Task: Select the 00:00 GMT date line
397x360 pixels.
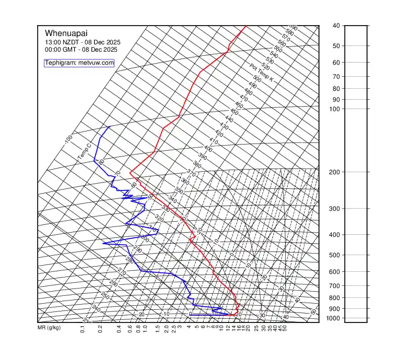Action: [x=81, y=50]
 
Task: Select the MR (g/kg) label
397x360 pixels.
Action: [x=49, y=328]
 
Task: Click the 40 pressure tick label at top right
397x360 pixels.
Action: [x=336, y=26]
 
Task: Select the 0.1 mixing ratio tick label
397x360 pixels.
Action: [x=83, y=329]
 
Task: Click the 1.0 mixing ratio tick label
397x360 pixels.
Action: [x=145, y=329]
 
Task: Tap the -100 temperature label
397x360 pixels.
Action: [x=68, y=140]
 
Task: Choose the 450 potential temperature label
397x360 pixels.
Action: [x=234, y=112]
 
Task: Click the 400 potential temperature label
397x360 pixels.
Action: [x=208, y=149]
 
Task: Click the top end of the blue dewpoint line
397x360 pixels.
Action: [x=109, y=127]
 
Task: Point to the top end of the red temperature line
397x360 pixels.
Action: [x=246, y=26]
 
